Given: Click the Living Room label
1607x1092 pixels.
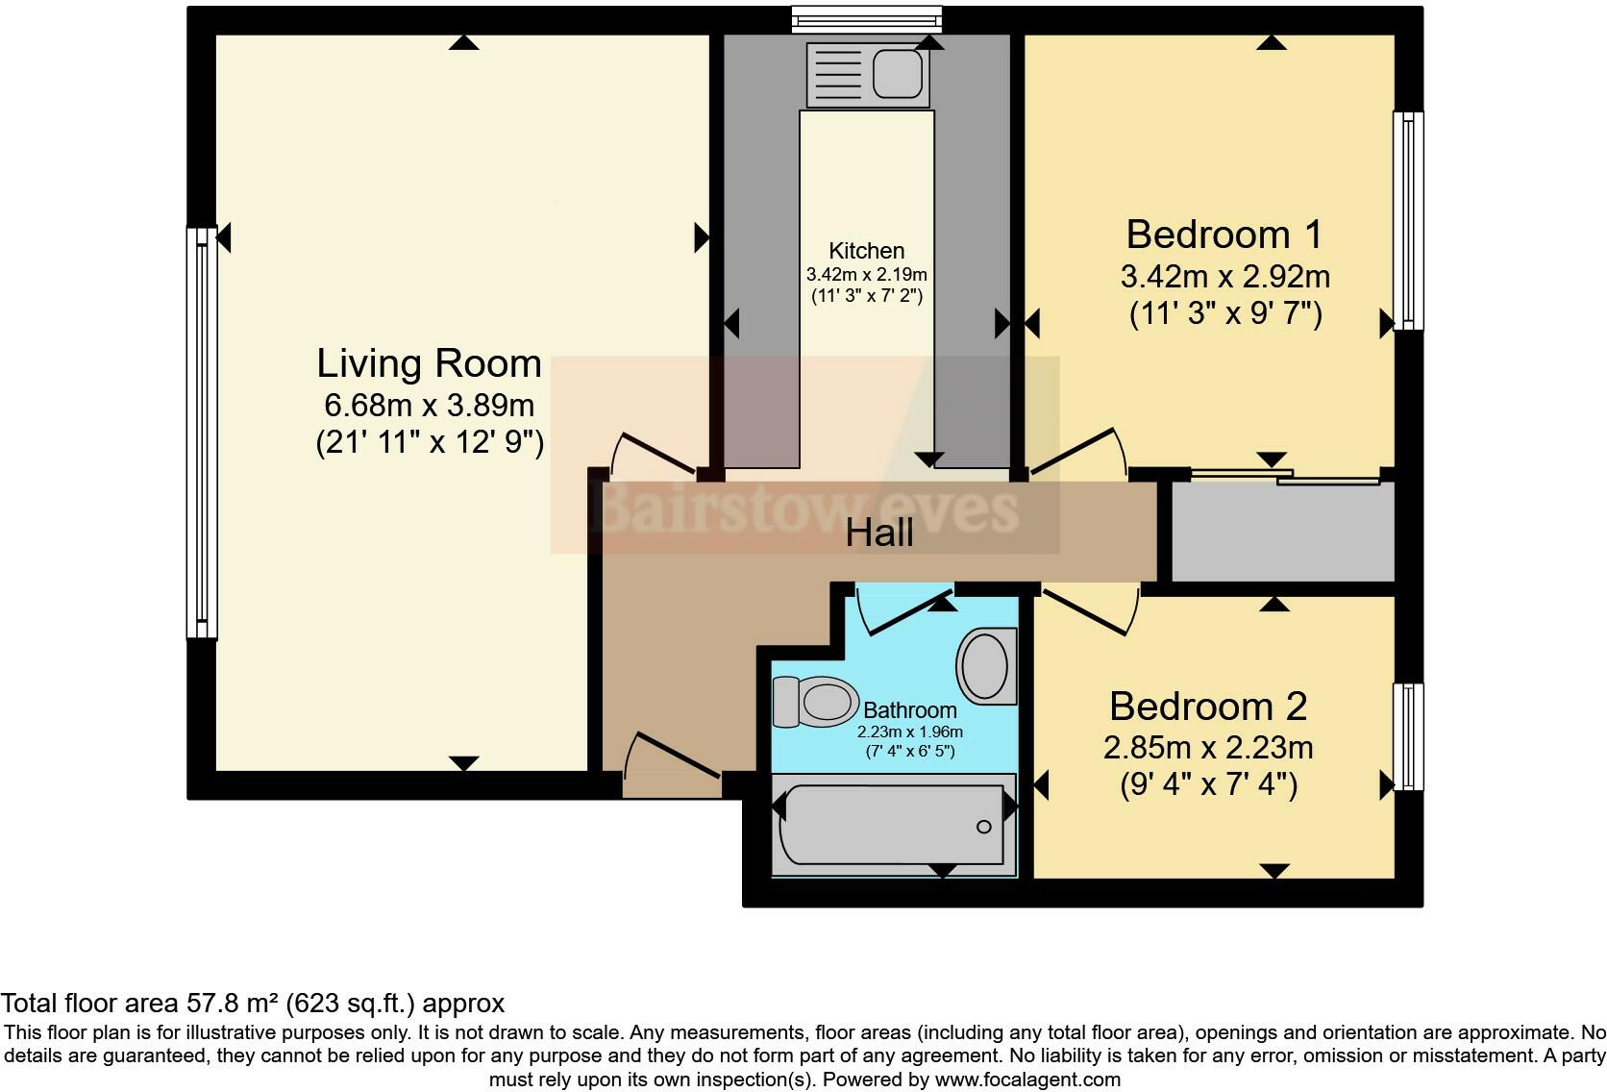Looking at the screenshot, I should (x=430, y=364).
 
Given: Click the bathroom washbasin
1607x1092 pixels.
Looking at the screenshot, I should (x=985, y=664).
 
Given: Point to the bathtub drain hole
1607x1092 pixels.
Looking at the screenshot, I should (x=983, y=827).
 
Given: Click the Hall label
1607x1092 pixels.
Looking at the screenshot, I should (x=878, y=533).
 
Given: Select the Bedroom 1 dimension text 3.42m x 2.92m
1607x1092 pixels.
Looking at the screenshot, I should (x=1224, y=277).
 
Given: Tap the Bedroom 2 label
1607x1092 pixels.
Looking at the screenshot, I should (x=1208, y=707).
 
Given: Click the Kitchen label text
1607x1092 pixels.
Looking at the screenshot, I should (x=866, y=251).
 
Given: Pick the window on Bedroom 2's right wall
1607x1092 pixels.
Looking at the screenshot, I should (x=1408, y=736).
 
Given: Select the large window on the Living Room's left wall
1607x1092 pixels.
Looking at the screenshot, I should (x=201, y=433).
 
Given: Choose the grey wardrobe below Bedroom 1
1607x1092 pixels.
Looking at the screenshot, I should (x=1282, y=531).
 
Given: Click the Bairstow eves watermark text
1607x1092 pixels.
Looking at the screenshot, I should (x=804, y=508).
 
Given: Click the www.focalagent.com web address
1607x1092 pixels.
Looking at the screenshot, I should (x=1027, y=1080).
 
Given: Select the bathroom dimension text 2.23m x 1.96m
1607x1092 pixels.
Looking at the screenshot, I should (x=909, y=732).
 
